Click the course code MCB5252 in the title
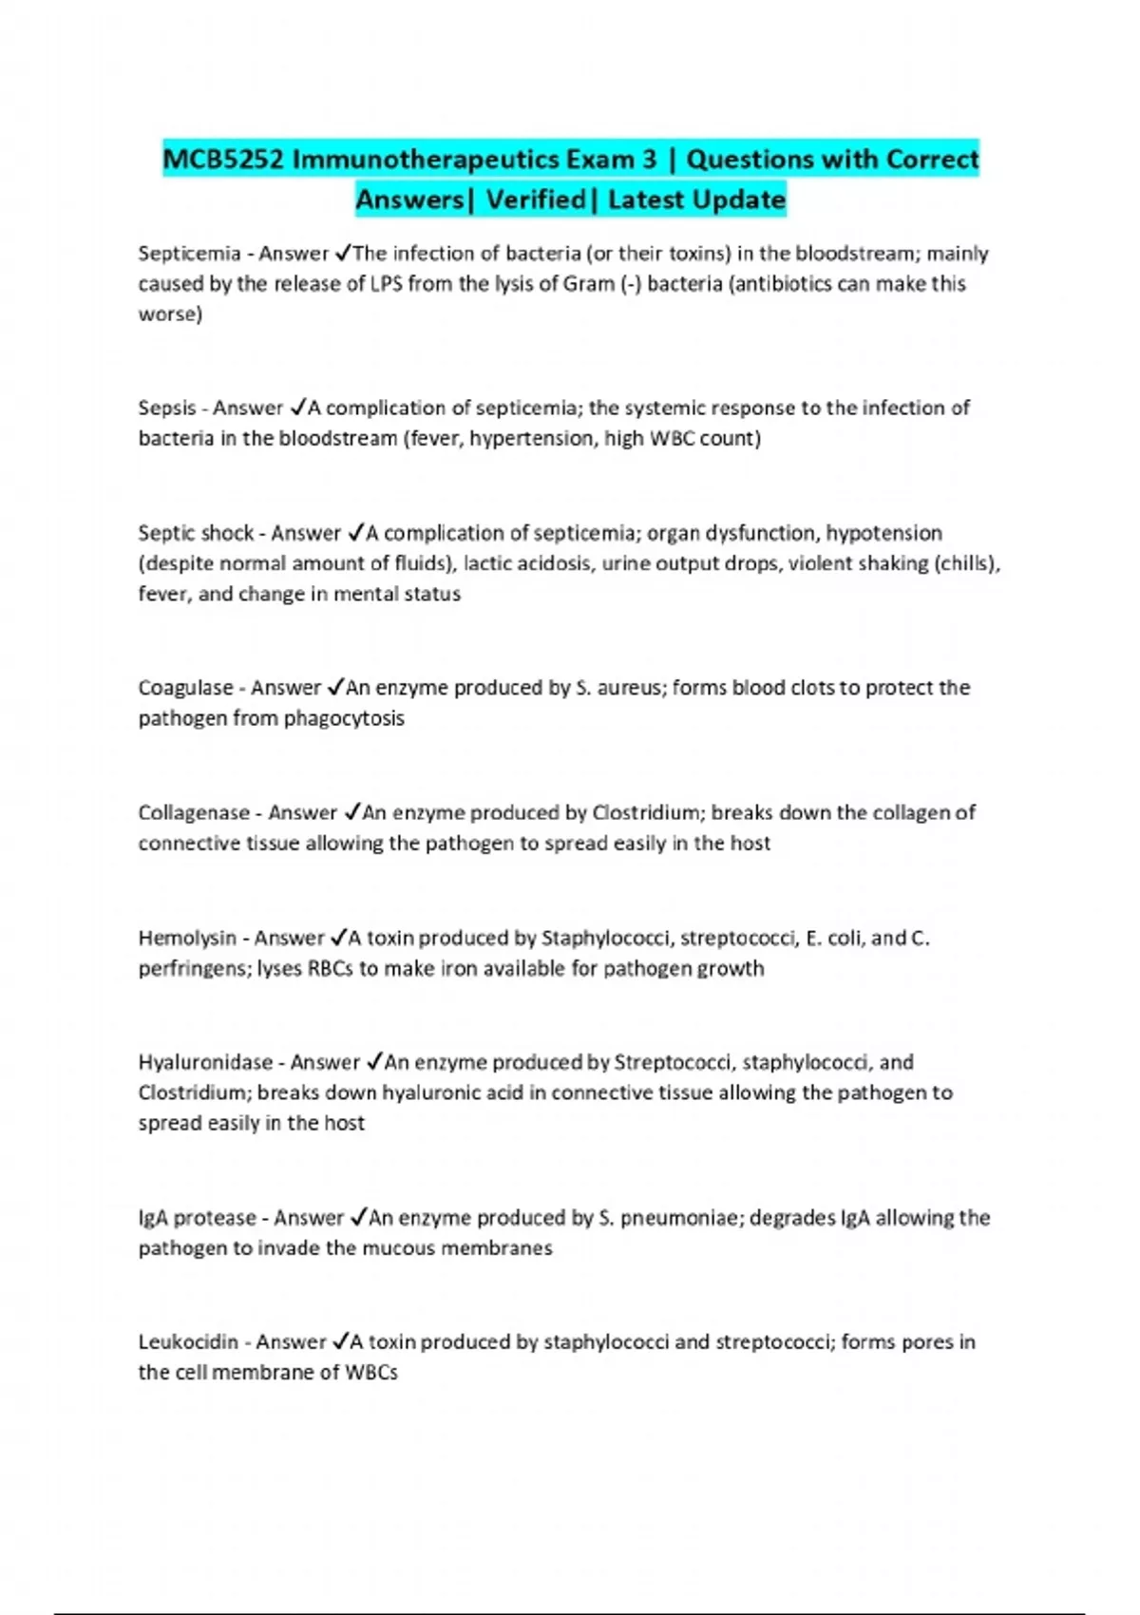(x=223, y=159)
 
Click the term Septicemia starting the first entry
(x=189, y=254)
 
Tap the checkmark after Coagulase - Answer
(x=335, y=687)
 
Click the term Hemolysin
(x=187, y=938)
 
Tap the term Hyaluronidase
(x=205, y=1062)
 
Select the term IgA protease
(x=198, y=1218)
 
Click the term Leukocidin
(x=188, y=1342)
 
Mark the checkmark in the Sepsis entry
(x=297, y=408)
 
